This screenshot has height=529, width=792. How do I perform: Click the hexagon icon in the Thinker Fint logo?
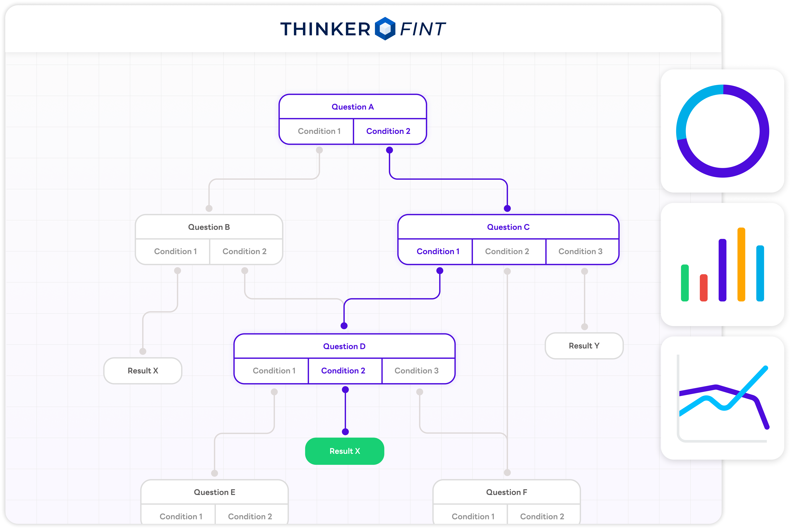pos(385,29)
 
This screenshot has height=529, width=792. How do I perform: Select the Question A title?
pos(353,107)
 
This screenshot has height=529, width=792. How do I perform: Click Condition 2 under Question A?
pos(388,131)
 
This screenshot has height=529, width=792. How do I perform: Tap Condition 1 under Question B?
pos(175,251)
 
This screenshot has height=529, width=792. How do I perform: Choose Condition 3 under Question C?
pos(580,251)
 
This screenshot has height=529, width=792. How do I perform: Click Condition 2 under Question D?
pos(343,371)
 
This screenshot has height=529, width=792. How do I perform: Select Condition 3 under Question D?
pos(416,371)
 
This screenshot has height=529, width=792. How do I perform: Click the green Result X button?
pos(344,451)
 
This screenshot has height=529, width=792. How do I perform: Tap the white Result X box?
pos(143,371)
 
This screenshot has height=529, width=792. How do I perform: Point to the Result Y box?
pos(584,346)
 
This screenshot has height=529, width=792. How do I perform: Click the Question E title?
pos(214,492)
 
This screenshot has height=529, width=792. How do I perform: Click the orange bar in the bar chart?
pos(741,265)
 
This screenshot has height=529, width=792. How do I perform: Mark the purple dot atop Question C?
pos(507,209)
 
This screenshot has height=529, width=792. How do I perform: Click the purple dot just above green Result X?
pos(345,432)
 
